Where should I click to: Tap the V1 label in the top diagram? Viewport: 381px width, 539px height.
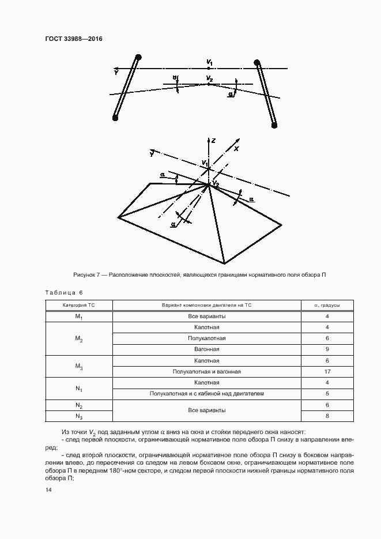point(210,62)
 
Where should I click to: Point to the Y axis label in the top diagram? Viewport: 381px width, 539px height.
point(116,73)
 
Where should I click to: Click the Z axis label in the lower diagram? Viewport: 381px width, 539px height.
point(213,140)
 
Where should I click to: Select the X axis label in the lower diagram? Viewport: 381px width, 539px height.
point(236,148)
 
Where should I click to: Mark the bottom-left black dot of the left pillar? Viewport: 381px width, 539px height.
point(115,118)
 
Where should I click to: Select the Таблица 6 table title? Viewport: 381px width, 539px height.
point(64,293)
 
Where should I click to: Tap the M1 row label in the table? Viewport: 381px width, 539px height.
point(79,316)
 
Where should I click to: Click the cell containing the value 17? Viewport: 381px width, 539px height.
point(327,372)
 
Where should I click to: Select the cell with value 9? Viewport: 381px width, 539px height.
point(327,349)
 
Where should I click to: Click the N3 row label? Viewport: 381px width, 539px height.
point(79,416)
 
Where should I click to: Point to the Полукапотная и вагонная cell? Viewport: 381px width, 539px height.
point(206,372)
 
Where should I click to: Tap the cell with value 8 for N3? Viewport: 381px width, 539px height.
point(327,416)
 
